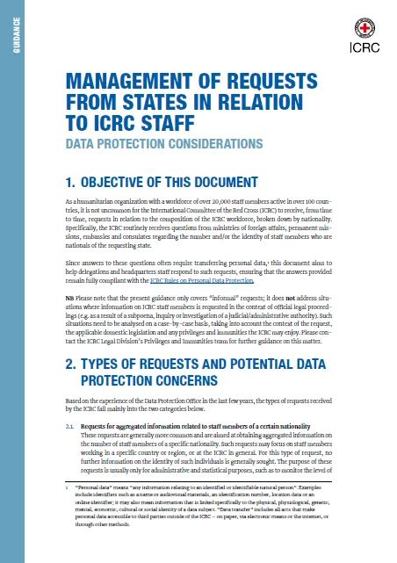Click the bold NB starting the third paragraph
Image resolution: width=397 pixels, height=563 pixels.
tap(73, 296)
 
